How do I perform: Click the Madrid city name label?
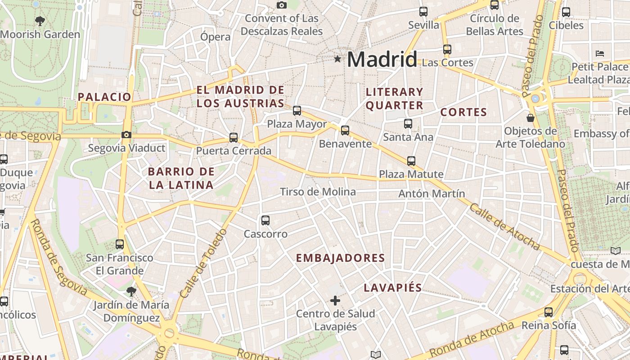point(382,59)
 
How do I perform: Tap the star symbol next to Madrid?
point(337,58)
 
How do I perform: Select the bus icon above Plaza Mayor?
point(297,110)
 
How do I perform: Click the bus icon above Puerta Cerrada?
point(233,137)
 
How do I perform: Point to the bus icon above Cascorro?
point(265,220)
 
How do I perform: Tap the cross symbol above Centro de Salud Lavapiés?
point(335,300)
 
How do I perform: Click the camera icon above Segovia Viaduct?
point(126,135)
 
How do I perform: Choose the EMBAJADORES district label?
point(340,258)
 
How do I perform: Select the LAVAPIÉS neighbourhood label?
point(392,288)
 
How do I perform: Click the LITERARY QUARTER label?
point(394,99)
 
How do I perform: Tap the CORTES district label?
point(463,112)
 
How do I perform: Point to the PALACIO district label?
point(104,97)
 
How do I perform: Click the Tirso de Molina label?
point(318,192)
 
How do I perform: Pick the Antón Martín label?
point(432,193)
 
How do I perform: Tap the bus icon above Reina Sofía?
point(548,312)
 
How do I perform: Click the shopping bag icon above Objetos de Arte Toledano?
point(531,118)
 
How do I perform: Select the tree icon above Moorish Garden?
point(40,20)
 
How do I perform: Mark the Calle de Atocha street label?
point(504,226)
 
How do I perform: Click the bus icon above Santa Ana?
point(408,123)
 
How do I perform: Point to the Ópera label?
point(215,37)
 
